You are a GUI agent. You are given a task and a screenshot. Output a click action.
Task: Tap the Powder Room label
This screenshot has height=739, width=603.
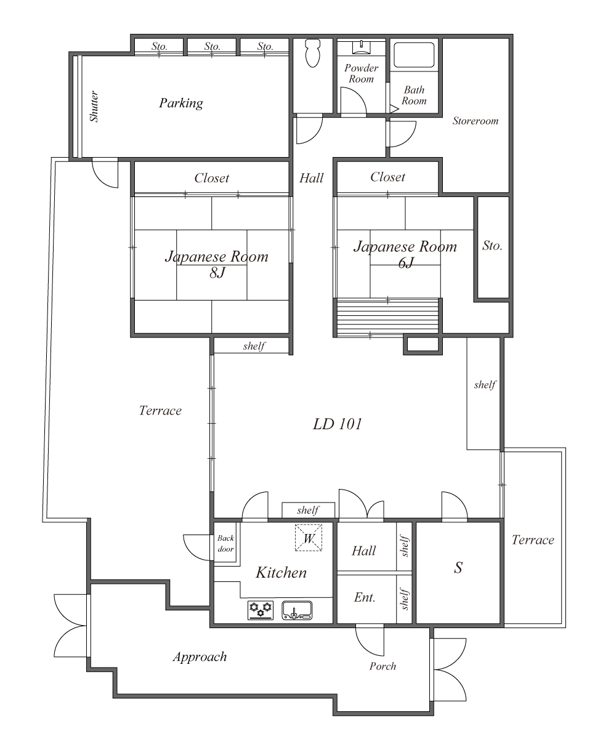pyautogui.click(x=361, y=73)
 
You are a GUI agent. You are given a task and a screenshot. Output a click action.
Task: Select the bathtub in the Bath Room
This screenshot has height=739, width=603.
pyautogui.click(x=414, y=56)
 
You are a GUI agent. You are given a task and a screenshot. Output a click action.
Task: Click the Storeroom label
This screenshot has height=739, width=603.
pyautogui.click(x=475, y=121)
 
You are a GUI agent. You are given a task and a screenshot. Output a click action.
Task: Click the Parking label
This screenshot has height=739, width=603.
pyautogui.click(x=180, y=103)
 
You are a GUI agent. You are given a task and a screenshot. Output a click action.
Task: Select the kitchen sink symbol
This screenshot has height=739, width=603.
pyautogui.click(x=297, y=610)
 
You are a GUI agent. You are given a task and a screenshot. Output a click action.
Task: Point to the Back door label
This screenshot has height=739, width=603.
pyautogui.click(x=225, y=544)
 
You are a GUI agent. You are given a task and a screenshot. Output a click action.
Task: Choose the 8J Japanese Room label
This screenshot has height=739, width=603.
pyautogui.click(x=216, y=264)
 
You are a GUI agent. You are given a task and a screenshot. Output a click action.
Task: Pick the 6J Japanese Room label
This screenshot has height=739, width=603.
pyautogui.click(x=405, y=254)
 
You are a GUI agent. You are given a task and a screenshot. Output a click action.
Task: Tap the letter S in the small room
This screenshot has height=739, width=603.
pyautogui.click(x=458, y=568)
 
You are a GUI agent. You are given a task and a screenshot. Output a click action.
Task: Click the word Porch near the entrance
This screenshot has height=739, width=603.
pyautogui.click(x=382, y=666)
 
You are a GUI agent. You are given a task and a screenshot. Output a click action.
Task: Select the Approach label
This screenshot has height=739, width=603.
pyautogui.click(x=199, y=656)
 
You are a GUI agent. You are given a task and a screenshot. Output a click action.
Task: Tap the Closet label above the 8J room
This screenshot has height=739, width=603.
pyautogui.click(x=211, y=178)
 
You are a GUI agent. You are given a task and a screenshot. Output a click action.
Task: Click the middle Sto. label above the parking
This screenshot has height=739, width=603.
pyautogui.click(x=212, y=46)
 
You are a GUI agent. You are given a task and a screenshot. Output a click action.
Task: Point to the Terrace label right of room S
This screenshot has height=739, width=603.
pyautogui.click(x=533, y=540)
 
